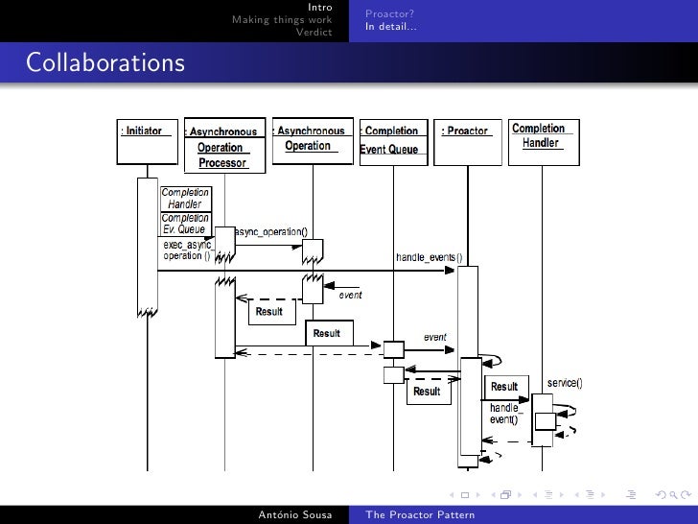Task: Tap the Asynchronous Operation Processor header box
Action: point(221,147)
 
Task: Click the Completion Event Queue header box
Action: point(389,140)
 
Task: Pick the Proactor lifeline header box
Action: point(466,131)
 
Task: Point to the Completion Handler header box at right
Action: point(540,135)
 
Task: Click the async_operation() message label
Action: point(271,231)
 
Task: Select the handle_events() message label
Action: point(429,257)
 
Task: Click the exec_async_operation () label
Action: point(186,250)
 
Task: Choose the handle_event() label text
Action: point(504,414)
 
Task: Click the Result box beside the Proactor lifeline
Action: point(504,387)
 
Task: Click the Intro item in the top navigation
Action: point(320,8)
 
